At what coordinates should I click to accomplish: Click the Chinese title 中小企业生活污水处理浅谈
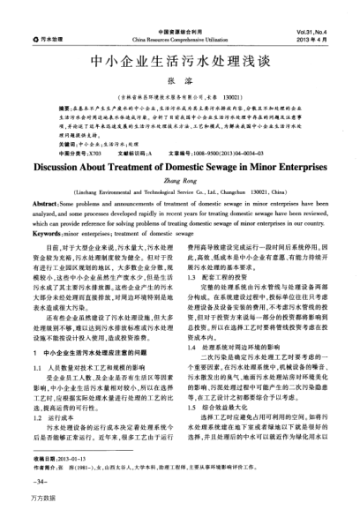[180, 64]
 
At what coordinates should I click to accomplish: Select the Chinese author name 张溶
[180, 83]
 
